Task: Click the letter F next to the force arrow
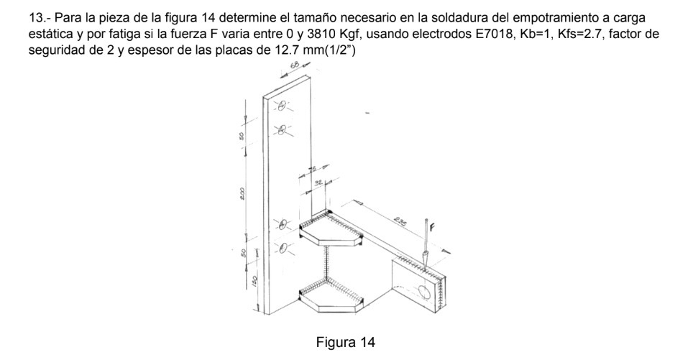click(432, 229)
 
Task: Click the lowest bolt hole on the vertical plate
click(283, 249)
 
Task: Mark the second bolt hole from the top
click(282, 130)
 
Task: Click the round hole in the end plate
click(423, 291)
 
